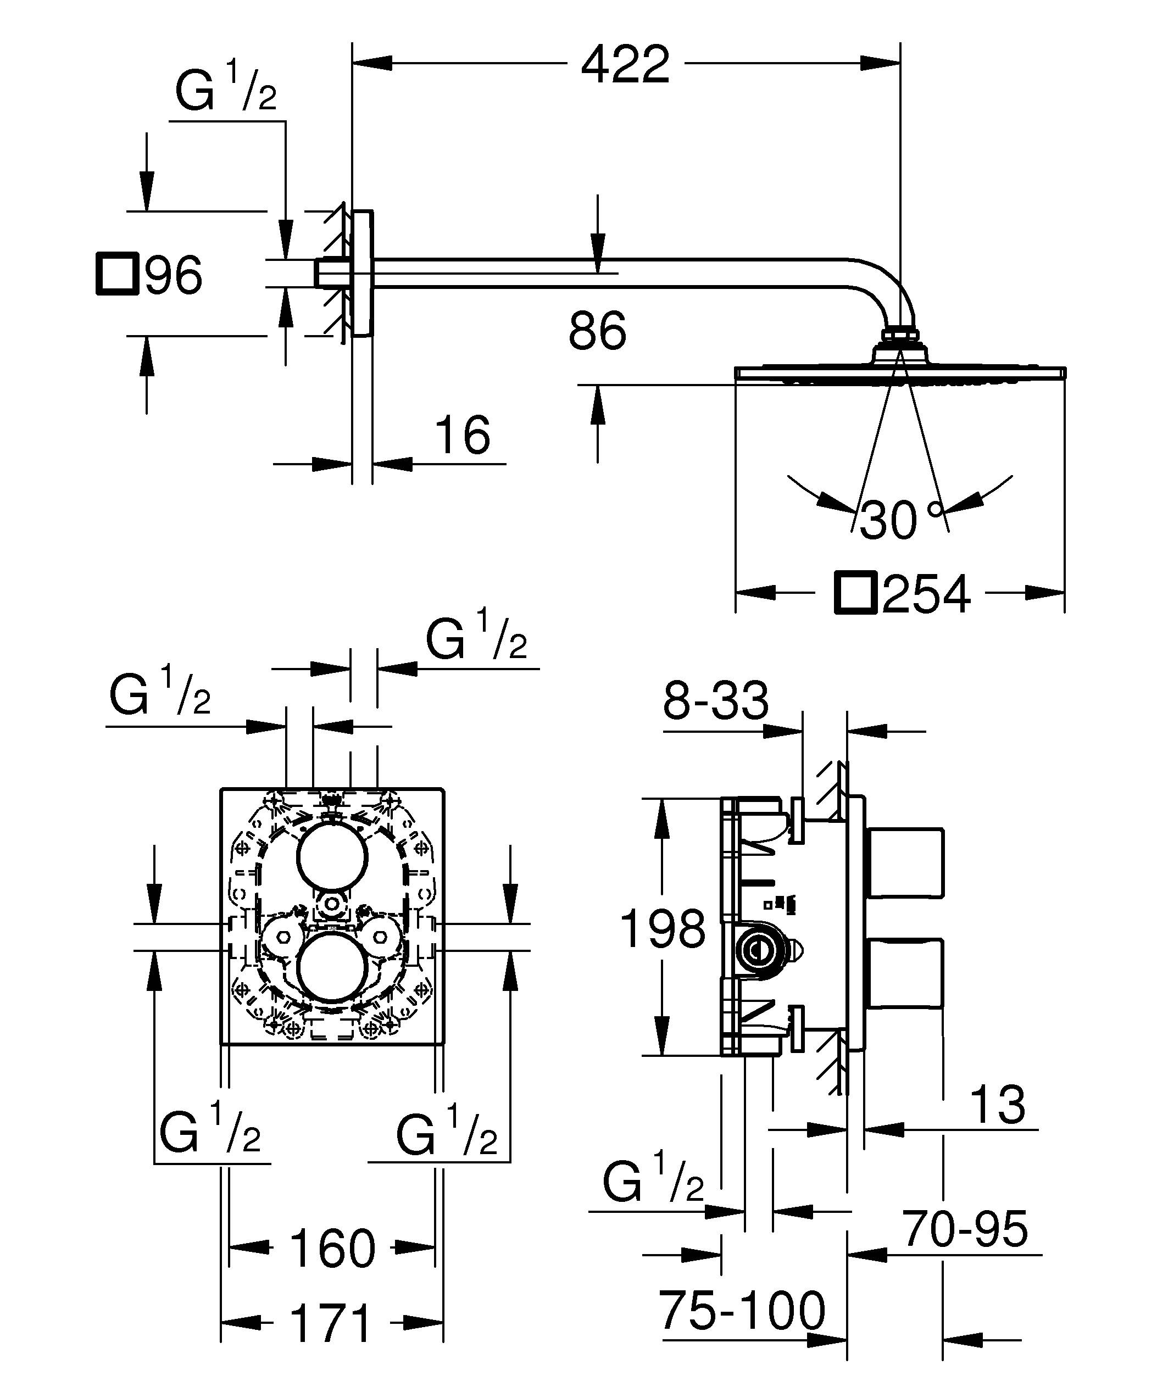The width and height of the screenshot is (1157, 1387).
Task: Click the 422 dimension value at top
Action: click(625, 64)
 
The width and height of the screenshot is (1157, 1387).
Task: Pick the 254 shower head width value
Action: click(926, 593)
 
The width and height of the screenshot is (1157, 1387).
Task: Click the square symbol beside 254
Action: click(855, 593)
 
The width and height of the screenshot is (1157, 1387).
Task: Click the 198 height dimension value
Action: click(663, 928)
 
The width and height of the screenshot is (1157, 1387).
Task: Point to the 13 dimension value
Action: click(999, 1104)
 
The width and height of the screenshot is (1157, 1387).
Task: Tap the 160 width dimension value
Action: click(332, 1247)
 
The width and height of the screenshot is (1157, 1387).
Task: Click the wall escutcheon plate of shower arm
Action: click(363, 274)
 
